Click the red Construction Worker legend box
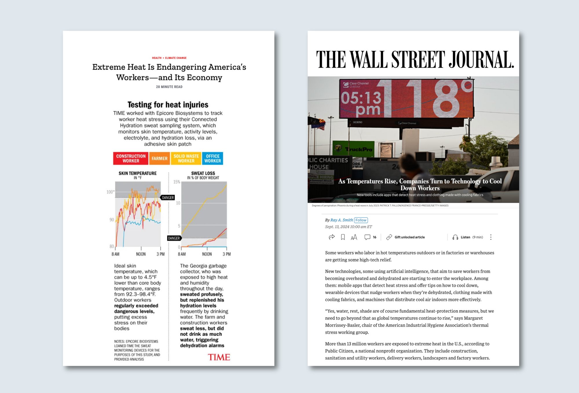click(x=131, y=158)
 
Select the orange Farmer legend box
click(x=160, y=158)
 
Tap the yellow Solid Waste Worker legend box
click(x=186, y=158)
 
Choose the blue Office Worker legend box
click(x=212, y=158)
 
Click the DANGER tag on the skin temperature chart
click(x=168, y=198)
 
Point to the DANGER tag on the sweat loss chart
click(x=174, y=238)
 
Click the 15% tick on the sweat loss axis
click(x=177, y=182)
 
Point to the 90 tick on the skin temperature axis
click(x=112, y=220)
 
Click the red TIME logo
click(x=219, y=357)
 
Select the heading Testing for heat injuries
click(x=168, y=105)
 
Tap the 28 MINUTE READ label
click(x=169, y=87)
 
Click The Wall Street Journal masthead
click(x=415, y=59)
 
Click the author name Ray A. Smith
click(x=342, y=220)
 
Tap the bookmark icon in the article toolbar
click(x=343, y=237)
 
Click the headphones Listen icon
click(x=455, y=237)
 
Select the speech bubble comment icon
click(x=367, y=237)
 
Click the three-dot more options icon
click(x=491, y=237)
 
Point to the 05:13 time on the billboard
click(x=361, y=98)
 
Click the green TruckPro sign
click(x=353, y=149)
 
